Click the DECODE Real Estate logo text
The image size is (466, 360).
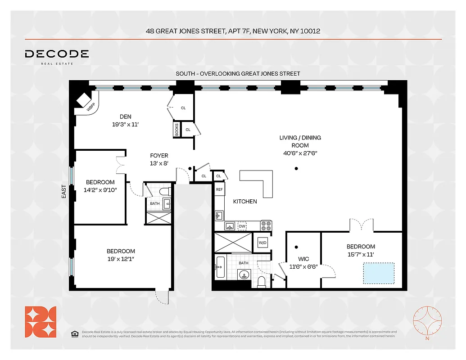click(x=57, y=54)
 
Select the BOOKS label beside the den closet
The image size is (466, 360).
click(x=176, y=130)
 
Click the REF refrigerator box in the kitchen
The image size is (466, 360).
click(x=219, y=189)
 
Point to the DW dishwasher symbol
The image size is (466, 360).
click(x=242, y=226)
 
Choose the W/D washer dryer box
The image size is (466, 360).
click(x=262, y=243)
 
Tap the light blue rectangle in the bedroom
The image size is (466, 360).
click(x=378, y=274)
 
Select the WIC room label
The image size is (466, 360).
click(x=297, y=259)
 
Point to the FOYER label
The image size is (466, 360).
click(x=159, y=156)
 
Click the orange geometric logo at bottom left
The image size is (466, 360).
click(x=41, y=322)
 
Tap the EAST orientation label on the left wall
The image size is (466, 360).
click(x=64, y=192)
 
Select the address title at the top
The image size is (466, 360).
click(x=233, y=31)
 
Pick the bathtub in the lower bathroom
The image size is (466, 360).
click(x=220, y=267)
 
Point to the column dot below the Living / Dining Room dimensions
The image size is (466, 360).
click(x=296, y=169)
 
